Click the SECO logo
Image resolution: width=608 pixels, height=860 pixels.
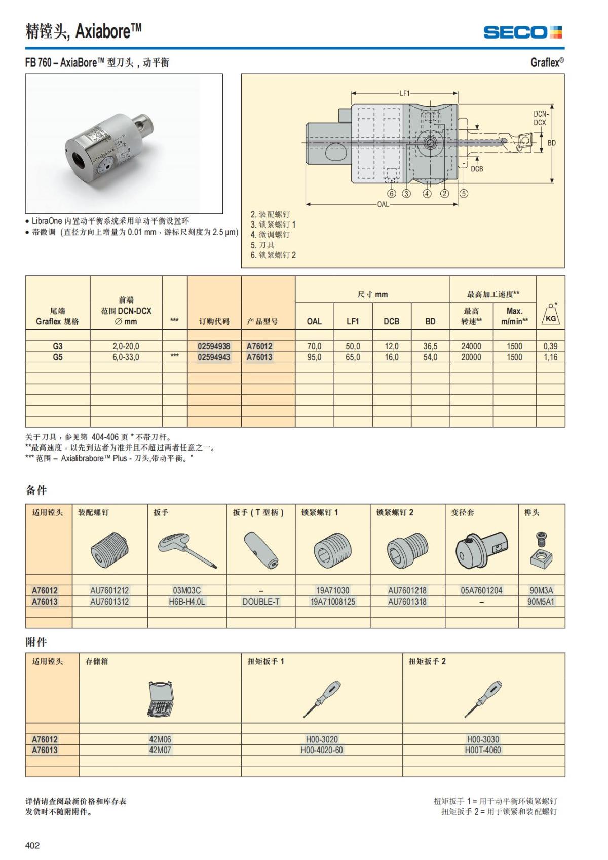522,32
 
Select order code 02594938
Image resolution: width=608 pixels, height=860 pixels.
214,346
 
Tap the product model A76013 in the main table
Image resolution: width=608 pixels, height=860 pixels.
259,357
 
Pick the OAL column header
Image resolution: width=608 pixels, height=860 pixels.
314,321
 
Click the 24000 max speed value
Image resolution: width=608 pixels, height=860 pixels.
471,346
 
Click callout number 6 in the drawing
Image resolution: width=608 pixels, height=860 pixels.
392,193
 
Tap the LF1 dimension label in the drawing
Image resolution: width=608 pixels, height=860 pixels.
404,93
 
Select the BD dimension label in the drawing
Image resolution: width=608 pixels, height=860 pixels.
552,143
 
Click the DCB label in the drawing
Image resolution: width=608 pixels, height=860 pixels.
477,169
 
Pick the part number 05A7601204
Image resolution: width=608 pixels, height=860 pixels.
481,590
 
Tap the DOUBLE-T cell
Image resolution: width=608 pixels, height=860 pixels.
261,602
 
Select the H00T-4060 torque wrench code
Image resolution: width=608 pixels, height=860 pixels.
483,750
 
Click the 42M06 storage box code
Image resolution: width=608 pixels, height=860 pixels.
160,739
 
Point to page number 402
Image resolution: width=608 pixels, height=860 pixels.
32,845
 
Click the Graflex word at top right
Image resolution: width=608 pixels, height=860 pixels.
546,62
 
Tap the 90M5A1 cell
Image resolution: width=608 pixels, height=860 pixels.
541,602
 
